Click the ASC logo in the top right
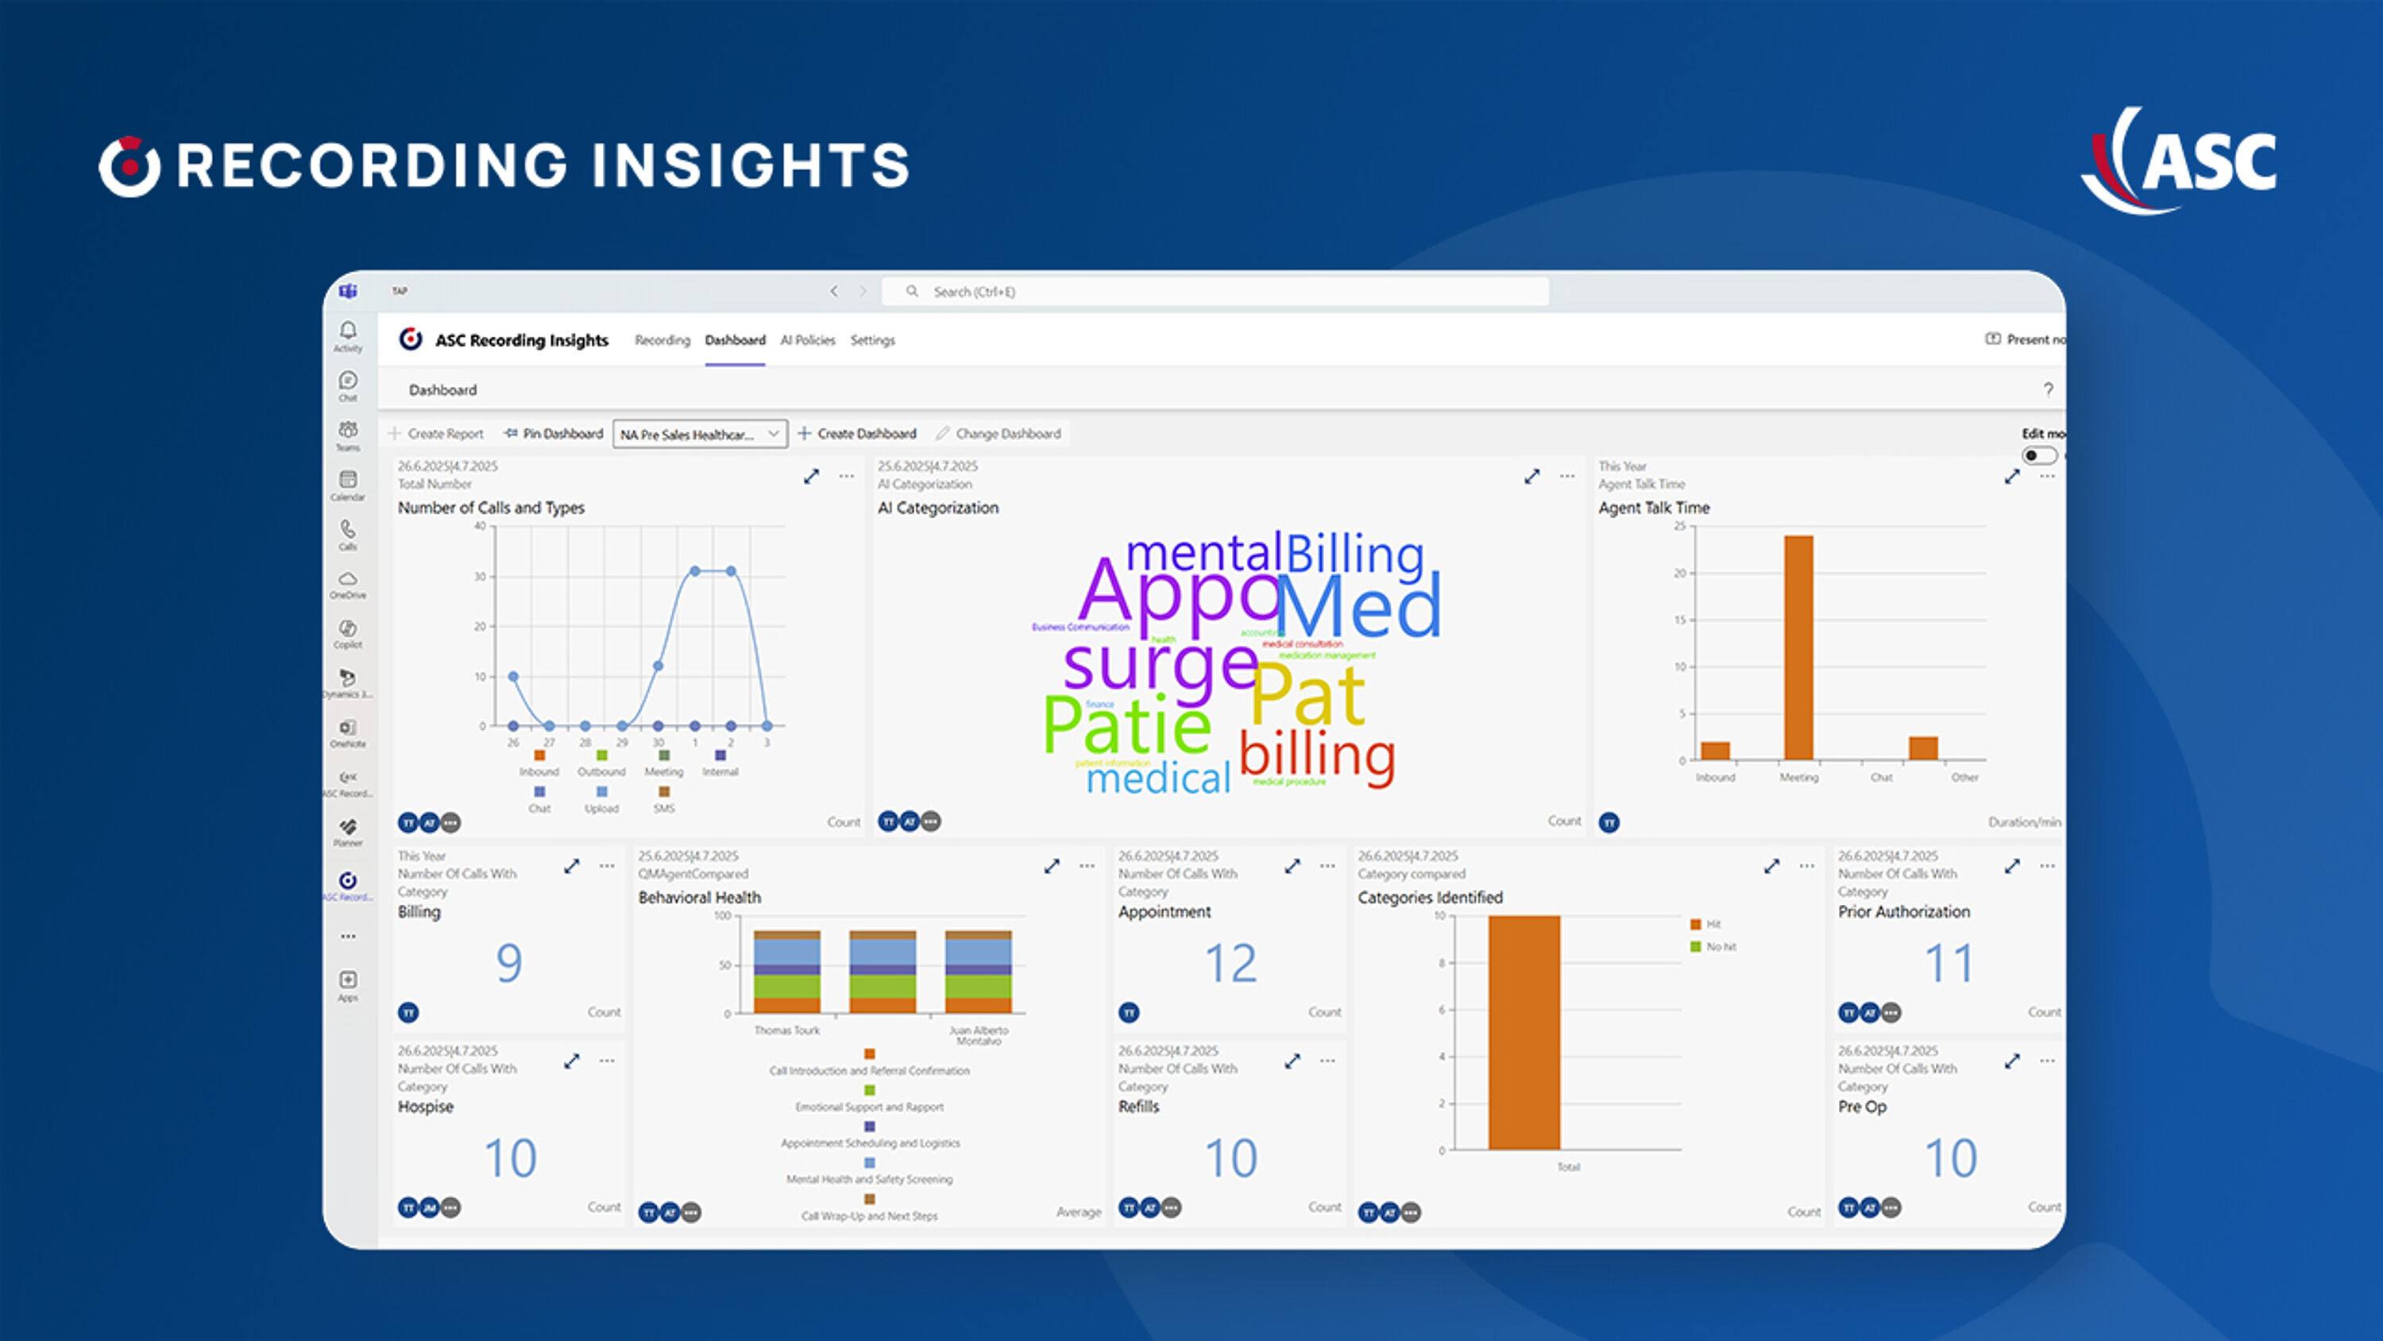[x=2183, y=161]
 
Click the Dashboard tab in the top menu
[x=735, y=340]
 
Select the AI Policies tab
[x=807, y=340]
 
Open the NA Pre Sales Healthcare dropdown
[x=699, y=434]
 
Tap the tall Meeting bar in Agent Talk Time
[x=1798, y=647]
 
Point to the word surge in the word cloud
[x=1160, y=664]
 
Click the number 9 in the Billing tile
[x=509, y=963]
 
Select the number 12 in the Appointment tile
[x=1230, y=963]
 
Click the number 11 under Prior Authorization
[x=1949, y=963]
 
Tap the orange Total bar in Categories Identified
[x=1524, y=1032]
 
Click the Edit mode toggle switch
[x=2038, y=455]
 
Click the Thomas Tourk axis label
[x=786, y=1030]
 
